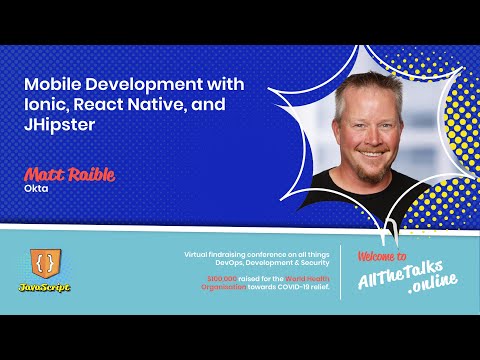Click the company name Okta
click(36, 187)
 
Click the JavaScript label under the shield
click(45, 286)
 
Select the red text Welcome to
click(383, 257)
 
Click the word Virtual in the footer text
click(199, 254)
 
